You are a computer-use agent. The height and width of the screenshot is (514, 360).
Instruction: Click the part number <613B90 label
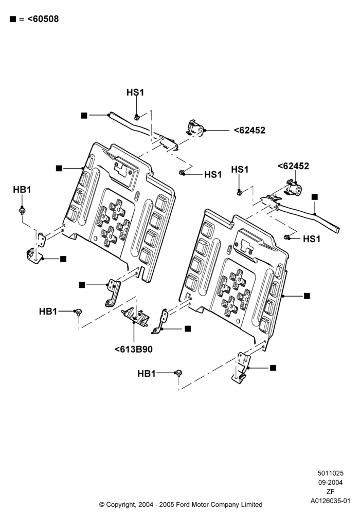tap(133, 350)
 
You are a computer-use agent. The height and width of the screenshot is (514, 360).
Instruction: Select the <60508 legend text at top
tap(43, 19)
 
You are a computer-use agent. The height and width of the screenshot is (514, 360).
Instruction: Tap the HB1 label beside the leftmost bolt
tap(22, 190)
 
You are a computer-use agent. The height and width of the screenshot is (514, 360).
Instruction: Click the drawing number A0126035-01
tap(331, 501)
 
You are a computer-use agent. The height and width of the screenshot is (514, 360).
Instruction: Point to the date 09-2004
tap(331, 482)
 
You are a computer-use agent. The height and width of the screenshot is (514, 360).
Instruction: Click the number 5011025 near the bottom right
tap(331, 473)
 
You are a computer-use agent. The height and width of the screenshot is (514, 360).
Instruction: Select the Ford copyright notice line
tap(181, 505)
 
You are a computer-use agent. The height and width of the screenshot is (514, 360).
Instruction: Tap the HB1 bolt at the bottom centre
tap(178, 373)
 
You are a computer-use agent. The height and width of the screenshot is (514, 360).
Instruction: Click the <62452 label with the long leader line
tap(249, 131)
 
